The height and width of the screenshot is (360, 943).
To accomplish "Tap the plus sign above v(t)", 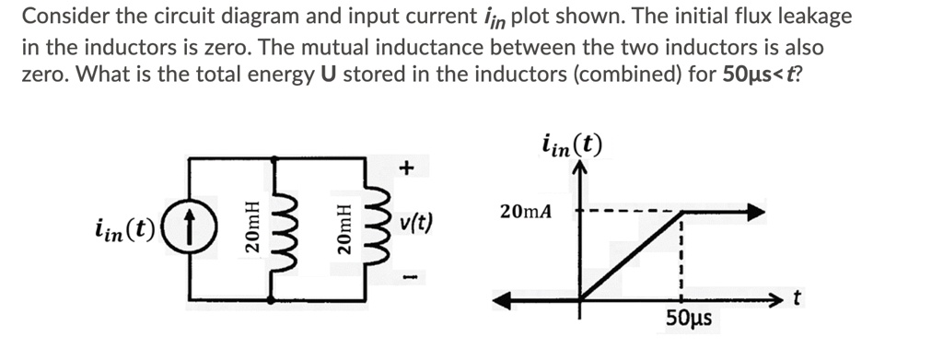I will click(407, 168).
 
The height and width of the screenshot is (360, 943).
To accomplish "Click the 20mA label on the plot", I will click(526, 212).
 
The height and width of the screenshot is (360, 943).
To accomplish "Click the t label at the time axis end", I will click(797, 297).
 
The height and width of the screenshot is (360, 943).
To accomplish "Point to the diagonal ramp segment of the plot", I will click(631, 256).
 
